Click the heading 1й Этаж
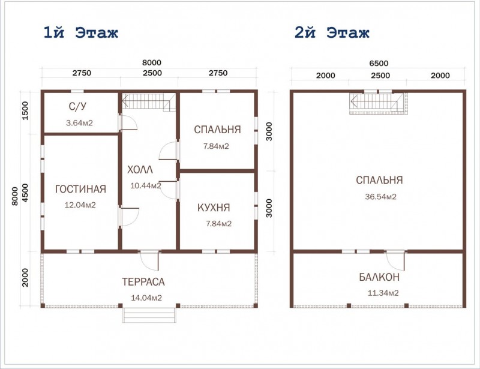coord(80,32)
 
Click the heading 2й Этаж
coord(332,32)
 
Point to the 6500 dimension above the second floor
coord(379,63)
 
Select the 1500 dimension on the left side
coord(25,110)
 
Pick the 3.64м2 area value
coord(79,124)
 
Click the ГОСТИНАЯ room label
coord(80,190)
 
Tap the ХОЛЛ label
coord(140,170)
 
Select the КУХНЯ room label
coord(214,208)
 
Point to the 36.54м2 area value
coord(379,196)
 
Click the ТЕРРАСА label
coord(143,282)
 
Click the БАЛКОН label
coord(379,278)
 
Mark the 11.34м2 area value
coord(379,293)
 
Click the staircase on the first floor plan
coord(148,102)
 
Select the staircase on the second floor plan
coord(378,103)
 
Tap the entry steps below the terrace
coord(150,315)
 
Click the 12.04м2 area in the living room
coord(80,205)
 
